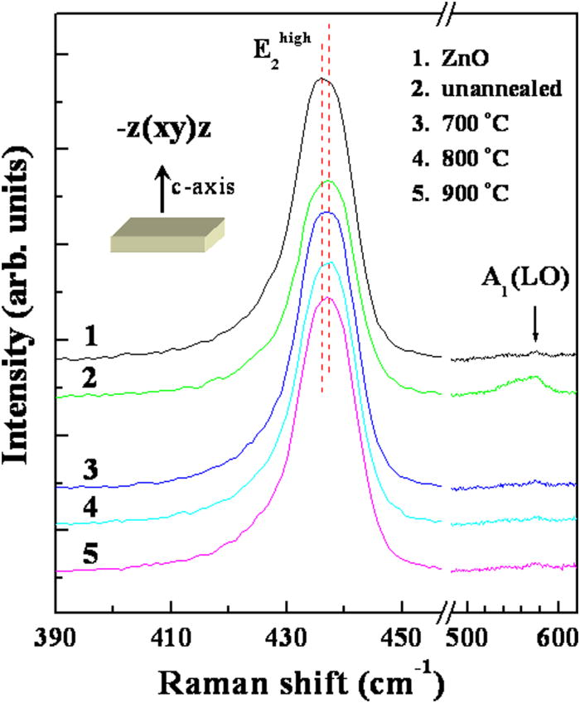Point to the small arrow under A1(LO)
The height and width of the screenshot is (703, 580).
click(x=535, y=332)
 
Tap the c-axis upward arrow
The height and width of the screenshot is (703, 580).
click(x=162, y=194)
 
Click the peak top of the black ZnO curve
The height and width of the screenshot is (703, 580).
click(x=322, y=79)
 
